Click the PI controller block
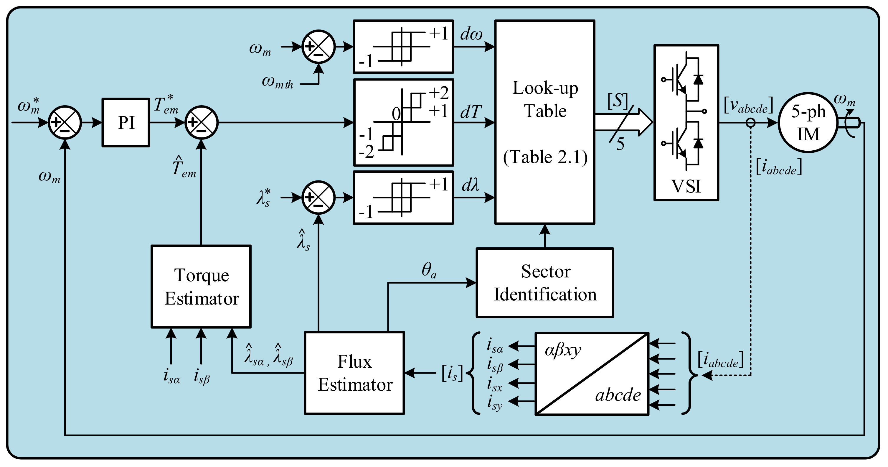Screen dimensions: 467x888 pyautogui.click(x=126, y=122)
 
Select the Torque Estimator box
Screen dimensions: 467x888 pyautogui.click(x=201, y=286)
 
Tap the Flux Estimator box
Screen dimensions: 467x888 pyautogui.click(x=354, y=373)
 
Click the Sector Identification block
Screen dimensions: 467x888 pyautogui.click(x=545, y=282)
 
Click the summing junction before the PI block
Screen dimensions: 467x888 pyautogui.click(x=65, y=122)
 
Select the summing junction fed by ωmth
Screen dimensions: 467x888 pyautogui.click(x=318, y=47)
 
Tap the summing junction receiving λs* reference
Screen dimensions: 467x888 pyautogui.click(x=318, y=198)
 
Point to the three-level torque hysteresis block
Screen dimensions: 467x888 pyautogui.click(x=403, y=122)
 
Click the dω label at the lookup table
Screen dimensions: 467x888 pyautogui.click(x=471, y=34)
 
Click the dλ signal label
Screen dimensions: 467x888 pyautogui.click(x=471, y=185)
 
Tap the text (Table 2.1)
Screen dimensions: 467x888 pyautogui.click(x=545, y=157)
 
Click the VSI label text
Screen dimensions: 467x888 pyautogui.click(x=686, y=186)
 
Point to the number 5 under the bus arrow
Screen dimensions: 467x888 pyautogui.click(x=620, y=144)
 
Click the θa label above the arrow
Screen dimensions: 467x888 pyautogui.click(x=429, y=270)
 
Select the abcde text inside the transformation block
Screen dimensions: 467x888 pyautogui.click(x=618, y=394)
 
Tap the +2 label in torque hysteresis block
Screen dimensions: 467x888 pyautogui.click(x=438, y=93)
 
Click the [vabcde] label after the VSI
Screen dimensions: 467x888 pyautogui.click(x=748, y=105)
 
